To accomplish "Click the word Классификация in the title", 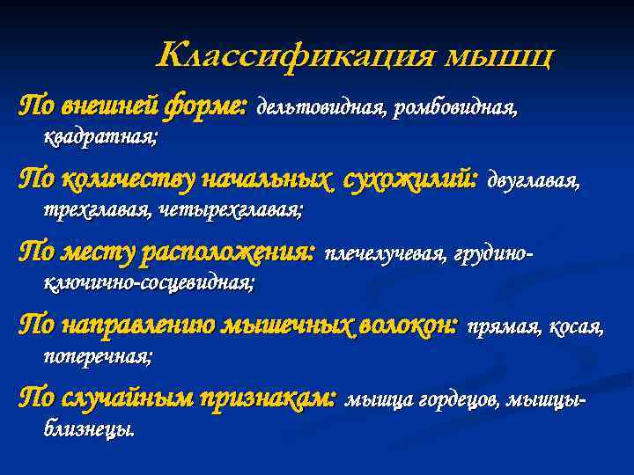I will click(297, 55).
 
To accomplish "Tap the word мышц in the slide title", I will click(501, 57).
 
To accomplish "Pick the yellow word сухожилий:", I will click(413, 180).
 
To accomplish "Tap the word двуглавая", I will click(534, 182).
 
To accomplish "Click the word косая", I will click(576, 328).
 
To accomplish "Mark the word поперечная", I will click(98, 356).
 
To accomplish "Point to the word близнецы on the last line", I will click(89, 430).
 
